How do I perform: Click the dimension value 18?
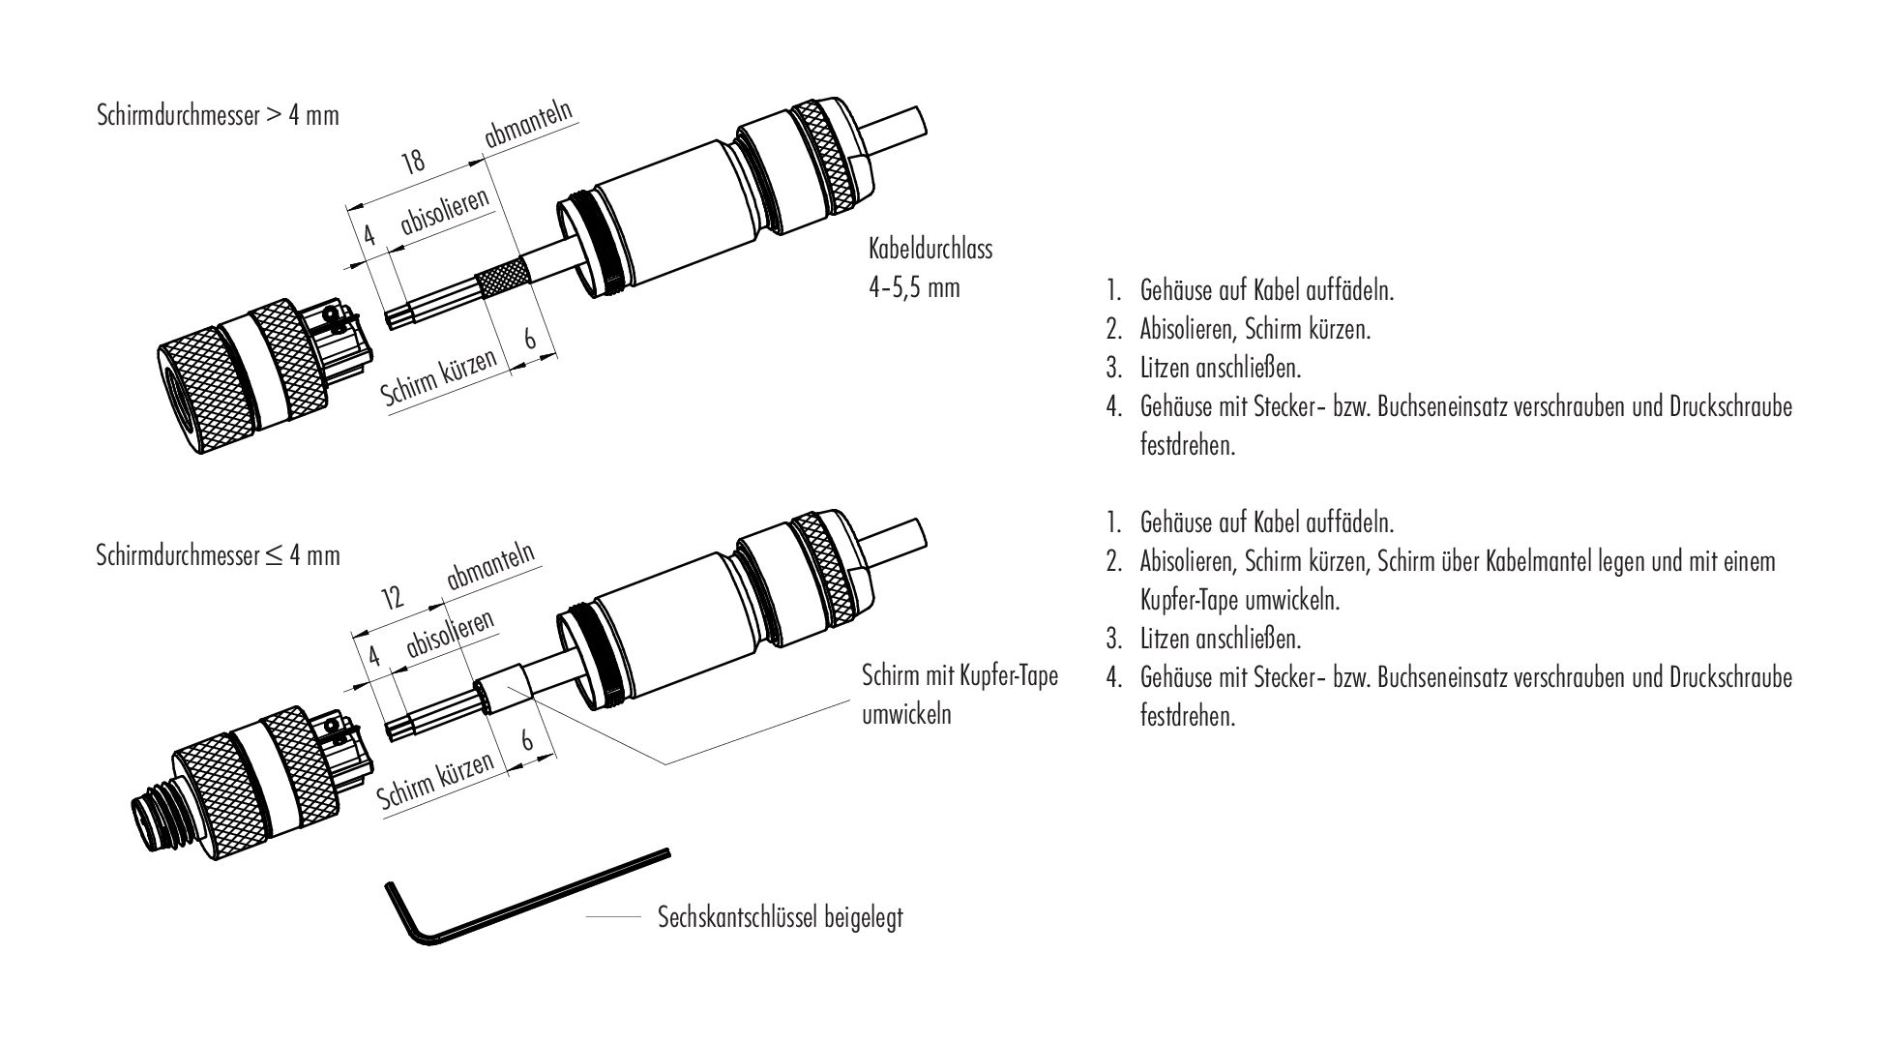[414, 161]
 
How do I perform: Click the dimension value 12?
[392, 597]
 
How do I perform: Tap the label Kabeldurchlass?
[930, 249]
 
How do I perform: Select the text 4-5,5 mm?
[914, 287]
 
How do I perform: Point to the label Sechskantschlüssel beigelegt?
[780, 916]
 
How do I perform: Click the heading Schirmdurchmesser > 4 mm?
[219, 116]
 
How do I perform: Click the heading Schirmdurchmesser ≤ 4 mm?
[219, 555]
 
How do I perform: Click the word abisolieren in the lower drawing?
[451, 634]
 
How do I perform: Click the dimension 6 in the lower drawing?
[528, 739]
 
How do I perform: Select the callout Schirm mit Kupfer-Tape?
[959, 675]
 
